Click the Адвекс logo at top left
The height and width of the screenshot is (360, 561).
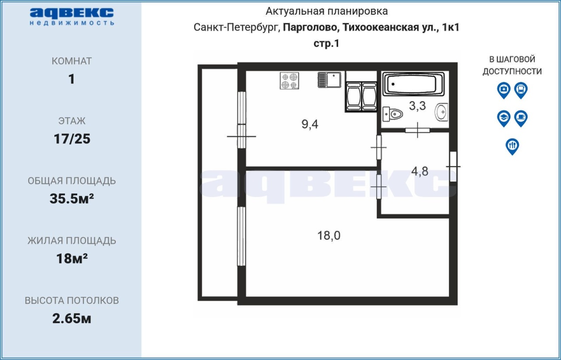[72, 16]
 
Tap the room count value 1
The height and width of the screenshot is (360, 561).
[71, 79]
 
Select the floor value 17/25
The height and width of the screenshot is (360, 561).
[72, 139]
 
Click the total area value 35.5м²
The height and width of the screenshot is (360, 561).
[71, 198]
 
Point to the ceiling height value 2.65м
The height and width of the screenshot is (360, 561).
[71, 318]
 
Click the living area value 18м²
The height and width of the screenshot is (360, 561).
[72, 258]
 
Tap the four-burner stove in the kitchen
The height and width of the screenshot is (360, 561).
[289, 81]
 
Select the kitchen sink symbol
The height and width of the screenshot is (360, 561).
[329, 80]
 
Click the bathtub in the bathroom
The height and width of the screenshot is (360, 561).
[413, 84]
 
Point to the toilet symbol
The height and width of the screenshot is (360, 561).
[392, 114]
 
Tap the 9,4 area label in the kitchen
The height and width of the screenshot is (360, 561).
[310, 124]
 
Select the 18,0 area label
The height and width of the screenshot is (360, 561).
[329, 236]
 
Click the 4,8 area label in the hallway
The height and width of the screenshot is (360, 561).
[420, 172]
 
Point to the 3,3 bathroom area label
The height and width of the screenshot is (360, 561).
[417, 106]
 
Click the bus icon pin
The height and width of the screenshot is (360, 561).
[521, 90]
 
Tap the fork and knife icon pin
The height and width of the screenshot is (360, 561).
[512, 146]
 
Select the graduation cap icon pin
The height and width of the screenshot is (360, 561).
[504, 118]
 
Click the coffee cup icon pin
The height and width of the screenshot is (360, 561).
[521, 118]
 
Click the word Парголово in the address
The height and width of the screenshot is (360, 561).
[311, 28]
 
